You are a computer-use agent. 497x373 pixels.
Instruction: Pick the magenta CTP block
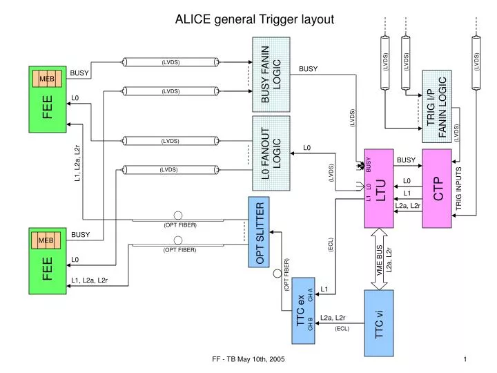[x=440, y=188]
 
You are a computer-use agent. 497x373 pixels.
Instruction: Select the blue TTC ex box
[x=304, y=309]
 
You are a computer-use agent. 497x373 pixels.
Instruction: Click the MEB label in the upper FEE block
[x=46, y=79]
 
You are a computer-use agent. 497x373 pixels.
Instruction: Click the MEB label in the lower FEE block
[x=46, y=240]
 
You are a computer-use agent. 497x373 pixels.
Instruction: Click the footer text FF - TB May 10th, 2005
[x=248, y=360]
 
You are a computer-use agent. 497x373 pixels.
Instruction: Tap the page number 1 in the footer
[x=466, y=360]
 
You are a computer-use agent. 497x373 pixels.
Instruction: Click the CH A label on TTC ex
[x=311, y=295]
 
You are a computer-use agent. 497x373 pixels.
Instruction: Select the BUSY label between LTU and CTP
[x=407, y=160]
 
